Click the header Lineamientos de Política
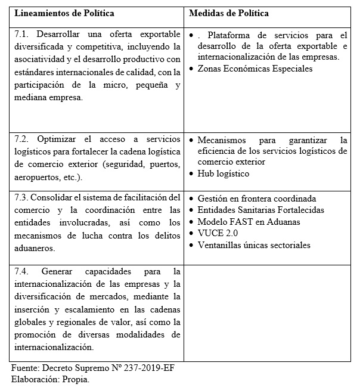(64, 13)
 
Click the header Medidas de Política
(228, 13)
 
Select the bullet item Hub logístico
(223, 174)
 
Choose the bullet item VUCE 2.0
(216, 233)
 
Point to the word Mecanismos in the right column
(224, 140)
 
